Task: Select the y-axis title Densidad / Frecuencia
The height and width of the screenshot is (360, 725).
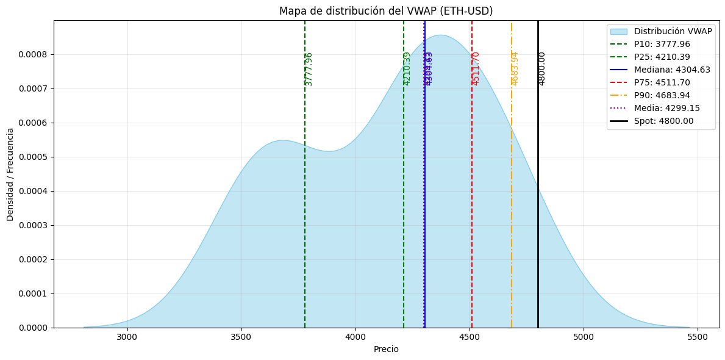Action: (10, 174)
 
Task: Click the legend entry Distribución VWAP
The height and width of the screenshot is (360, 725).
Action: (671, 31)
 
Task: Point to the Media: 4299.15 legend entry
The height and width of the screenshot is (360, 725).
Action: (666, 108)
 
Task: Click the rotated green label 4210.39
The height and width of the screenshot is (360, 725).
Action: (407, 68)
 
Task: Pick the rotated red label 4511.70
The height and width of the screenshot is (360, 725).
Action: (476, 68)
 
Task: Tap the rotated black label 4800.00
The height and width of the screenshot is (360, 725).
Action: (542, 68)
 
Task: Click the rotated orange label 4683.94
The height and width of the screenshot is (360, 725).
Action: (515, 68)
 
